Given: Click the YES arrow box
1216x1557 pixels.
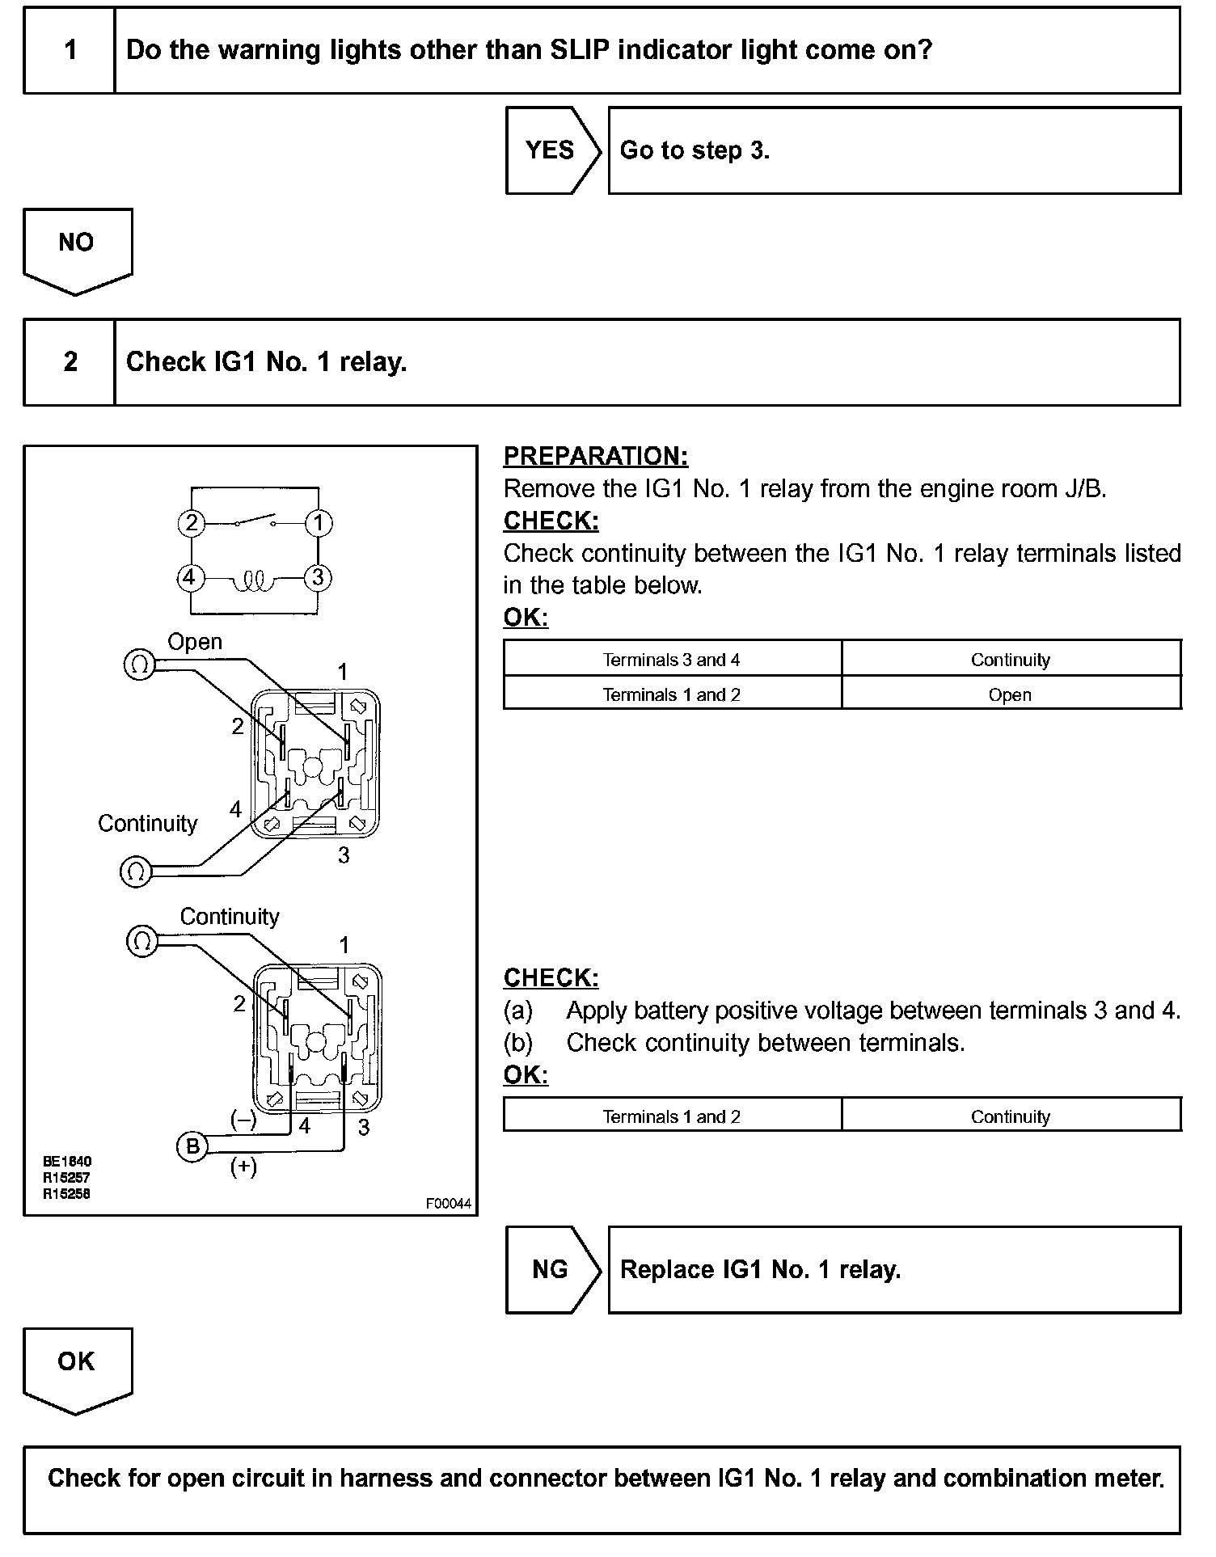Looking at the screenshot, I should coord(551,150).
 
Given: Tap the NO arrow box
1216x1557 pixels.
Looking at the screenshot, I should coord(77,246).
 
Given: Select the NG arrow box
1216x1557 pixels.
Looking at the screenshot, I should coord(551,1269).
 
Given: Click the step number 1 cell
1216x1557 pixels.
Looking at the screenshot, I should coord(70,50).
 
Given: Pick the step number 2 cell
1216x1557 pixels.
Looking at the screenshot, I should coord(70,361).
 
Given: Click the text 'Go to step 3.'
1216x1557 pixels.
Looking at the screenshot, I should coord(695,150).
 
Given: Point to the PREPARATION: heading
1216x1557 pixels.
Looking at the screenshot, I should coord(595,456).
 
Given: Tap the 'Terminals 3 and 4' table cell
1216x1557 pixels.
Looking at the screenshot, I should coord(671,660).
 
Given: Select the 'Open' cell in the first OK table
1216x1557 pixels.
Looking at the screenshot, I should coord(1010,694).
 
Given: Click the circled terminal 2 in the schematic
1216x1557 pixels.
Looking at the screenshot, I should coord(191,523).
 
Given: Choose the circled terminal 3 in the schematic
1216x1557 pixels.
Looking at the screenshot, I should coord(318,577).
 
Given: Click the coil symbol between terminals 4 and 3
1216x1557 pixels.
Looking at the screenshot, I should coord(254,580).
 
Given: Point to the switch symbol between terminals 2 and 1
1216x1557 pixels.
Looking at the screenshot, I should coord(255,520).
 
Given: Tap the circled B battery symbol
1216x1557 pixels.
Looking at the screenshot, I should coord(192,1146).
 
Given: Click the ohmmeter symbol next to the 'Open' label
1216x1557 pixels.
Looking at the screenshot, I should coord(139,665).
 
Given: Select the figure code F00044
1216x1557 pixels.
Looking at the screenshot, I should coord(449,1203).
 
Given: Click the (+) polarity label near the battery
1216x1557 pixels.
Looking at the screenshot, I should coord(243,1167).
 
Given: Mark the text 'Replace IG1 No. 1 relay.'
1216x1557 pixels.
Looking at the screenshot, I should coord(760,1269).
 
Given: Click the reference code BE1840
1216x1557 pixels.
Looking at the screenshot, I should coord(67,1162).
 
